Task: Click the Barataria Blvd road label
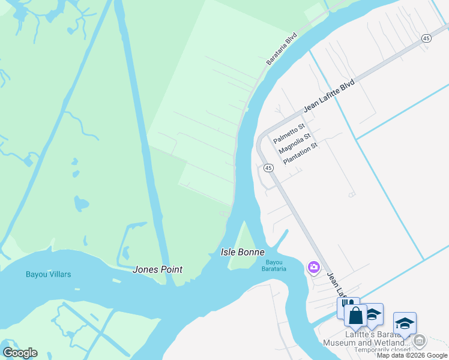[x=282, y=49]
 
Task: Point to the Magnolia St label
[x=294, y=144]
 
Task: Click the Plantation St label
[x=300, y=154]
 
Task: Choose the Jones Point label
[x=157, y=269]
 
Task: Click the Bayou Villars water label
[x=48, y=275]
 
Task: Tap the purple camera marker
[x=313, y=267]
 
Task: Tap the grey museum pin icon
[x=419, y=341]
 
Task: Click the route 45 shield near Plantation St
[x=268, y=168]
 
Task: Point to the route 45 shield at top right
[x=426, y=38]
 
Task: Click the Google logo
[x=20, y=353]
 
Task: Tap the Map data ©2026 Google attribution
[x=412, y=356]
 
